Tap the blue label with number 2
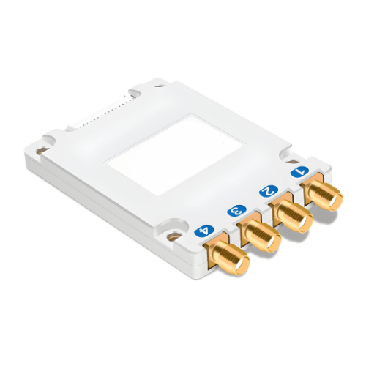[x=268, y=192]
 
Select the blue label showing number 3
[x=236, y=212]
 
